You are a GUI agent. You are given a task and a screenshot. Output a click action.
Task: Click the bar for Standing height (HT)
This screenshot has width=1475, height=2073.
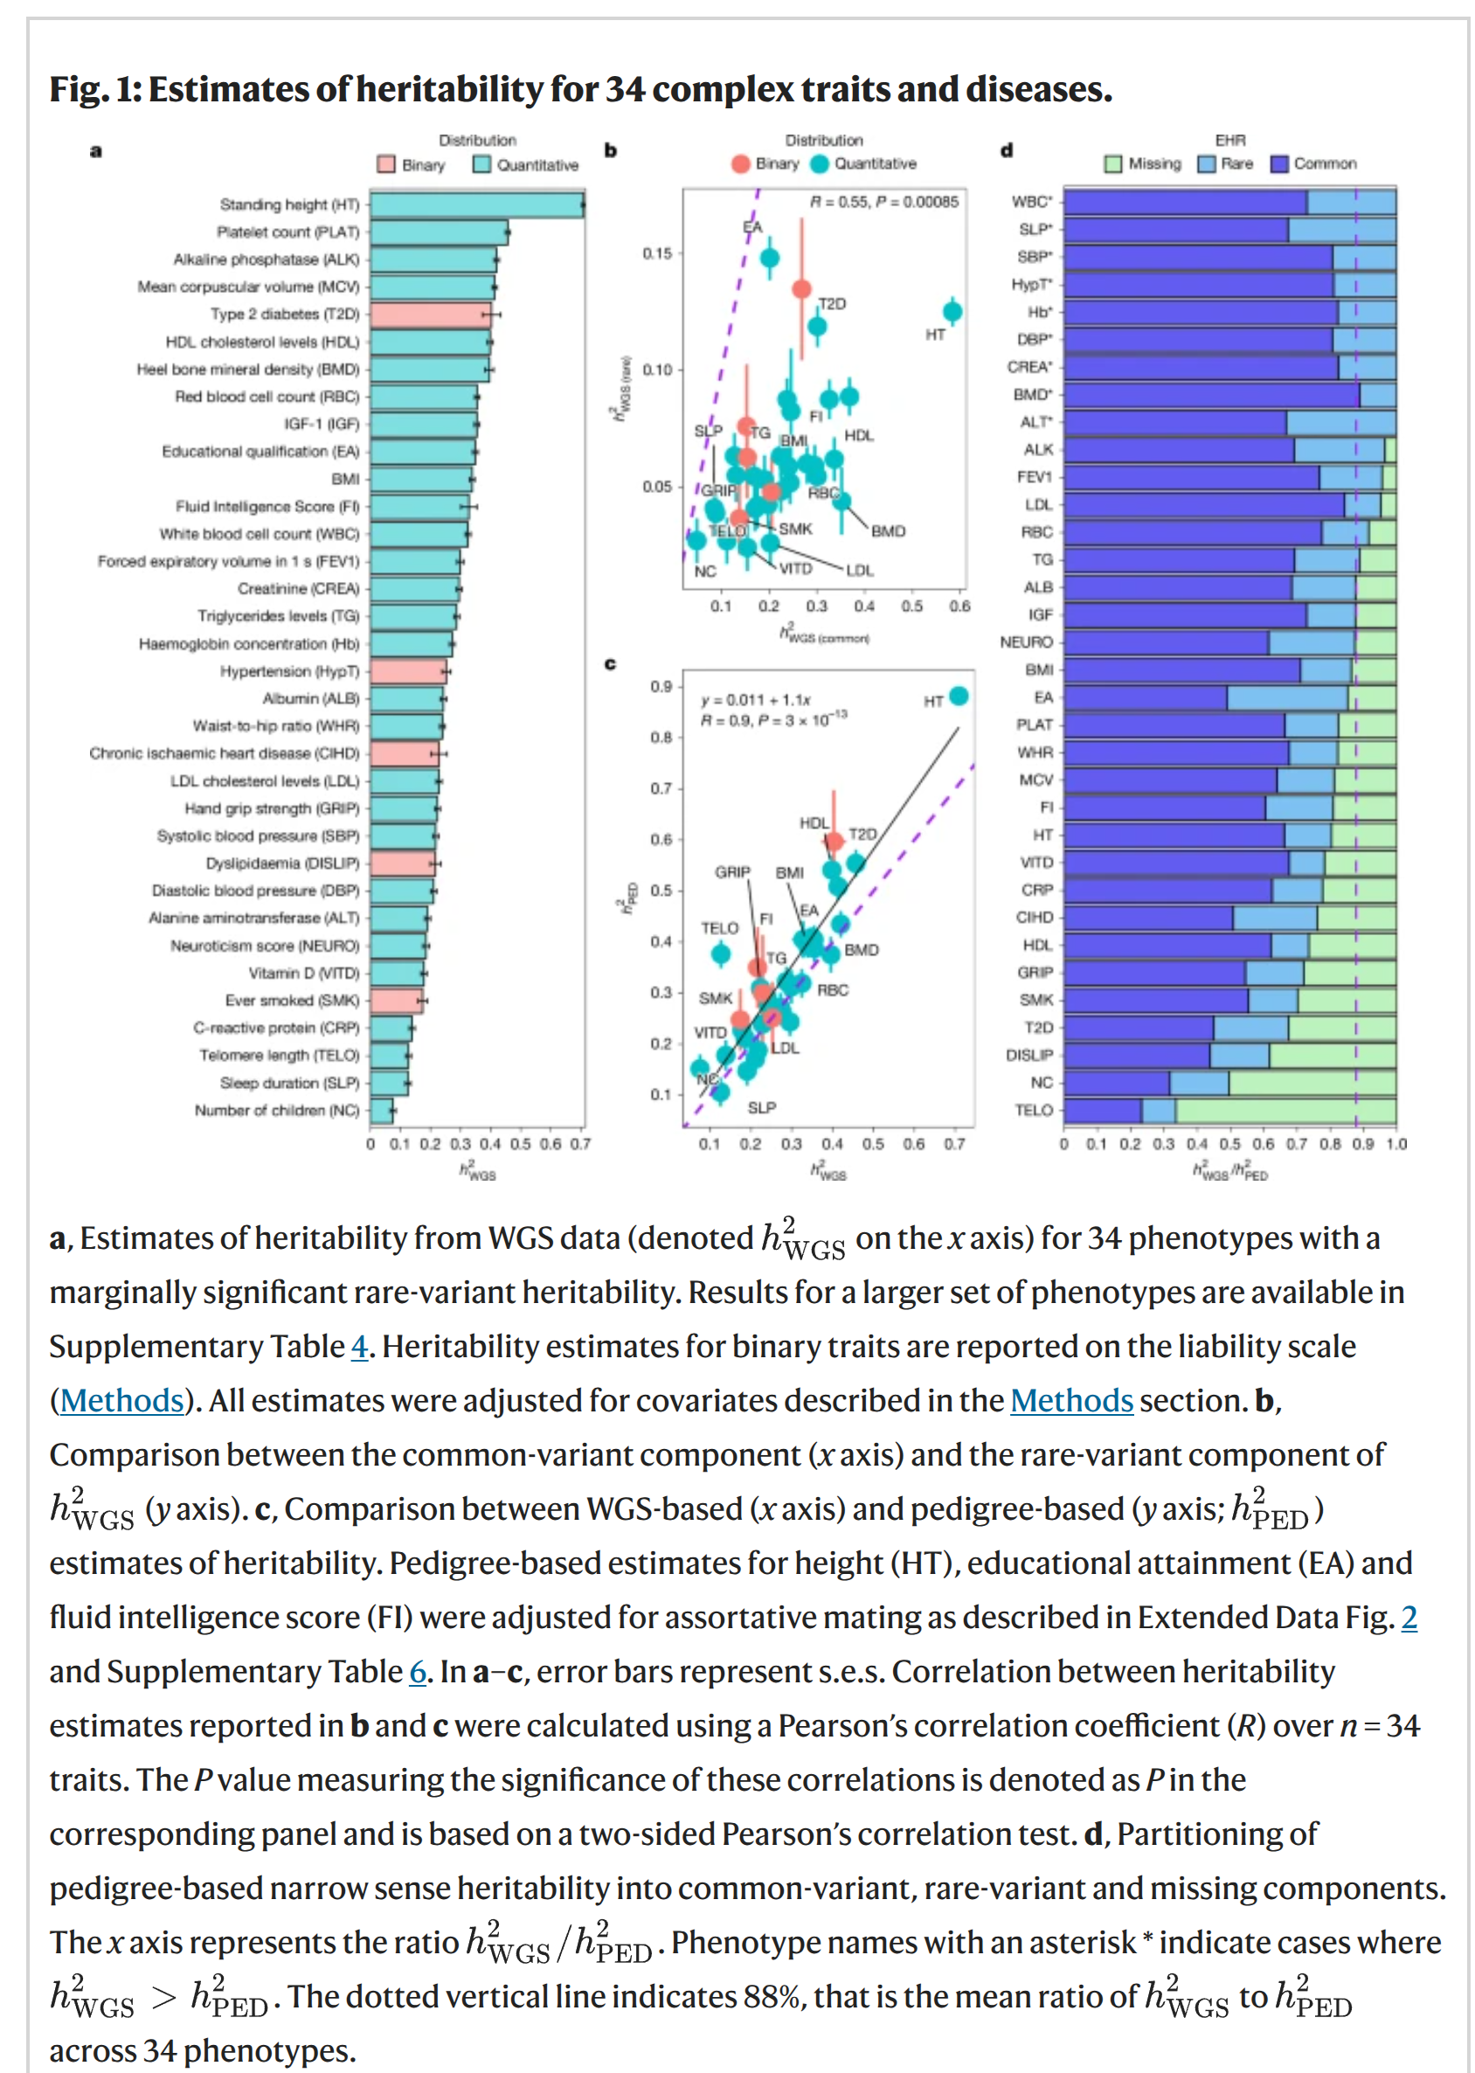pos(477,205)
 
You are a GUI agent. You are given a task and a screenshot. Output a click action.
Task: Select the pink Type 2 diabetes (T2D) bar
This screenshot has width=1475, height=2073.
pos(431,315)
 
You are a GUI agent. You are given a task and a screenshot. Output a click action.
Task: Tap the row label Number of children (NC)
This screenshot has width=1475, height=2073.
pos(277,1110)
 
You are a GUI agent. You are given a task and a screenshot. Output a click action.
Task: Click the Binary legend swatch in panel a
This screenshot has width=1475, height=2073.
pos(386,164)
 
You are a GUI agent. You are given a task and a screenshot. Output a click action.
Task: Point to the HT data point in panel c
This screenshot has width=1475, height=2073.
pos(959,697)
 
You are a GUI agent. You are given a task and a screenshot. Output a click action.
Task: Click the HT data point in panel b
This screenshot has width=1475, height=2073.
pos(952,313)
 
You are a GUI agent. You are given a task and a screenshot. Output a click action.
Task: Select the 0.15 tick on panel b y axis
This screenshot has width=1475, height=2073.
pos(658,253)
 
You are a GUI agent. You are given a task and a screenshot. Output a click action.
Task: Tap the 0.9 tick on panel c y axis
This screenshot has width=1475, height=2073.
pos(661,686)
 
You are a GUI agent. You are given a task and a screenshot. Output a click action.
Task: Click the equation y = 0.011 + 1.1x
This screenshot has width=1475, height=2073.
pos(755,699)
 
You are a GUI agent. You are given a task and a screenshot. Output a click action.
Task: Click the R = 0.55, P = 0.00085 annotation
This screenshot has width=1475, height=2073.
pos(883,202)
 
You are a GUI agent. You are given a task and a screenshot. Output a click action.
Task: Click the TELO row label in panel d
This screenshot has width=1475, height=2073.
pos(1034,1110)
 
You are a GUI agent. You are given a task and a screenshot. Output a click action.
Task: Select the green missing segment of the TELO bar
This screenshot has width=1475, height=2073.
pos(1285,1110)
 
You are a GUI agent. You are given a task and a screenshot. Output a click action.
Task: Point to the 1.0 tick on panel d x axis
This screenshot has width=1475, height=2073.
pos(1396,1144)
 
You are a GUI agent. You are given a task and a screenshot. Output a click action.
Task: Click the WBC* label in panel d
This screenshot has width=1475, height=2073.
pos(1032,202)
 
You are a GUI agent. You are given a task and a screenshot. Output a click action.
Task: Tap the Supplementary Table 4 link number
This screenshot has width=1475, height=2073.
pos(359,1346)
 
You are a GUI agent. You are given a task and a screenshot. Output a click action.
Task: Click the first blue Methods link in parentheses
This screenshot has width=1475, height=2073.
pos(121,1401)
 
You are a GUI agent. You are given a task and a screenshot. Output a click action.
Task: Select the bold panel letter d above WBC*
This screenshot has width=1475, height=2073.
pos(1007,151)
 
